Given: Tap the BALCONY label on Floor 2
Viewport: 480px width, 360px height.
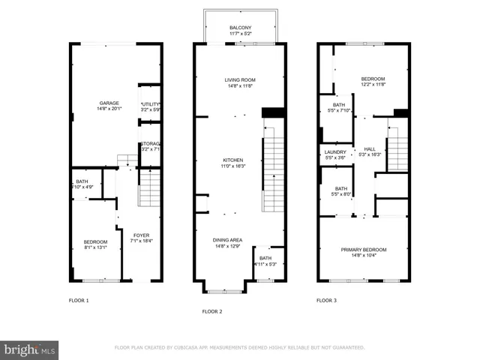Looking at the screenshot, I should (x=241, y=28).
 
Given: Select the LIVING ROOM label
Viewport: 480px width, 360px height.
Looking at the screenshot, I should (x=241, y=80).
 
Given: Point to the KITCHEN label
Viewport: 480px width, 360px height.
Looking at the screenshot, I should (x=232, y=160).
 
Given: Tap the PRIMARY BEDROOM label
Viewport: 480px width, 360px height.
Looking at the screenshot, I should (x=364, y=250).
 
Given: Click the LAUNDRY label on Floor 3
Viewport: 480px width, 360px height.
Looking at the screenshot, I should (x=334, y=151).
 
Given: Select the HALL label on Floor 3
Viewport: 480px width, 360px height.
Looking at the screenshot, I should (x=369, y=148).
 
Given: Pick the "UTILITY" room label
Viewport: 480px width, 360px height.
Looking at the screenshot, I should (x=151, y=104).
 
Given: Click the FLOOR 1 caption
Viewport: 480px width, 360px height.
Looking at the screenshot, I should (x=78, y=300).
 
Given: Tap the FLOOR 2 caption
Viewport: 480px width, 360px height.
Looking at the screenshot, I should (x=212, y=310).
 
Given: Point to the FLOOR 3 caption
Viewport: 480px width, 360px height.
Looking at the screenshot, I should (x=326, y=300).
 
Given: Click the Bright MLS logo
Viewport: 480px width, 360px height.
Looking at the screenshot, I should (x=30, y=349).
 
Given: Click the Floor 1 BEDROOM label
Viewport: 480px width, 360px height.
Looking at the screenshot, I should (x=95, y=241).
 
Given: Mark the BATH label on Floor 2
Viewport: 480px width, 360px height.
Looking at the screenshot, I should (x=266, y=258).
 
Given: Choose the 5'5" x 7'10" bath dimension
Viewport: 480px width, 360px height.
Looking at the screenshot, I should (x=339, y=111).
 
